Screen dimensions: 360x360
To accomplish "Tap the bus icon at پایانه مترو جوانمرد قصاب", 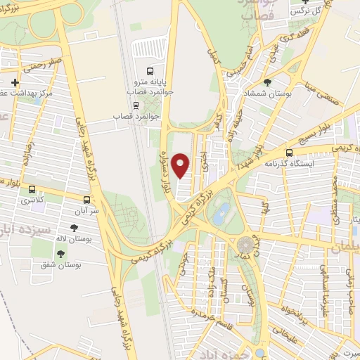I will [148, 71].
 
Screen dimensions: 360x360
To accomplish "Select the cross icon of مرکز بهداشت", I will [15, 82].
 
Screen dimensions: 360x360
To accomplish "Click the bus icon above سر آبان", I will [86, 199].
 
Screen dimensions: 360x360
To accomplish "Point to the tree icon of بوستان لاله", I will [73, 228].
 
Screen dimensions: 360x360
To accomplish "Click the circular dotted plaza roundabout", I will [245, 245].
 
